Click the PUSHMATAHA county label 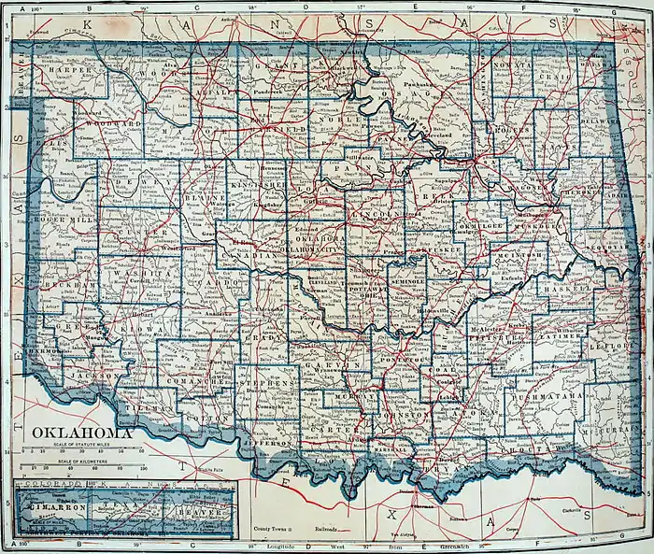tap(552, 397)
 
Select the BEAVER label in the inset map tap(208, 513)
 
